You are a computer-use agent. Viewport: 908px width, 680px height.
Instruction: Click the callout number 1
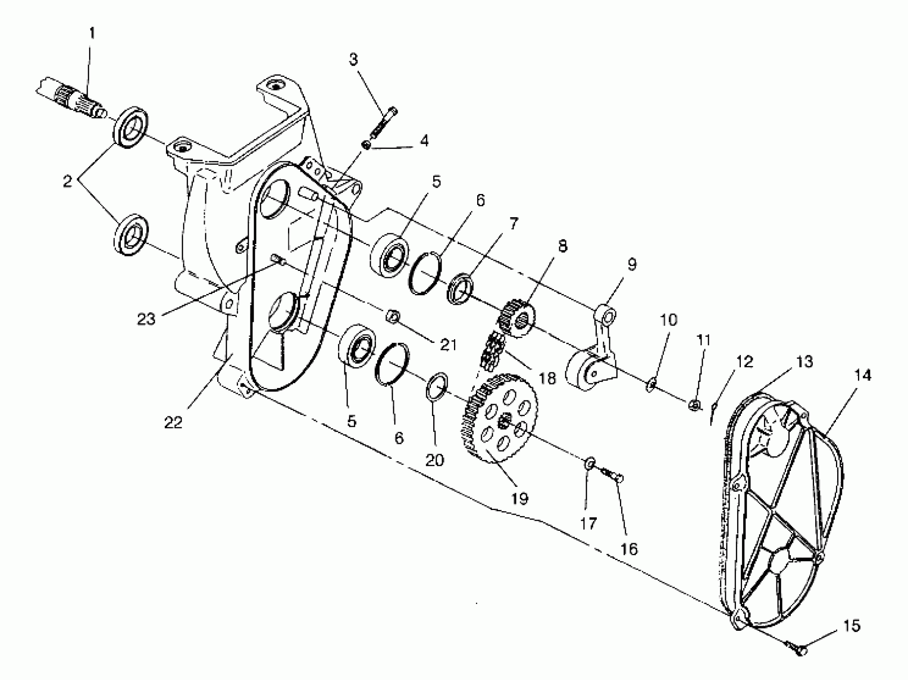[92, 33]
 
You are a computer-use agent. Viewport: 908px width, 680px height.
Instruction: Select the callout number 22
[173, 422]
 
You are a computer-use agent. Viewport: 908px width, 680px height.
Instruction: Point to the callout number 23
[146, 318]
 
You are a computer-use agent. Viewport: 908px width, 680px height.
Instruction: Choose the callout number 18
[547, 378]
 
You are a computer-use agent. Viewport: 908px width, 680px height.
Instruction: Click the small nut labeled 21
[392, 316]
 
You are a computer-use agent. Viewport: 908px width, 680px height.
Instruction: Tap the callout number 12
[745, 362]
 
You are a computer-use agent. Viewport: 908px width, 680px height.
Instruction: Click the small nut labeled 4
[366, 144]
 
